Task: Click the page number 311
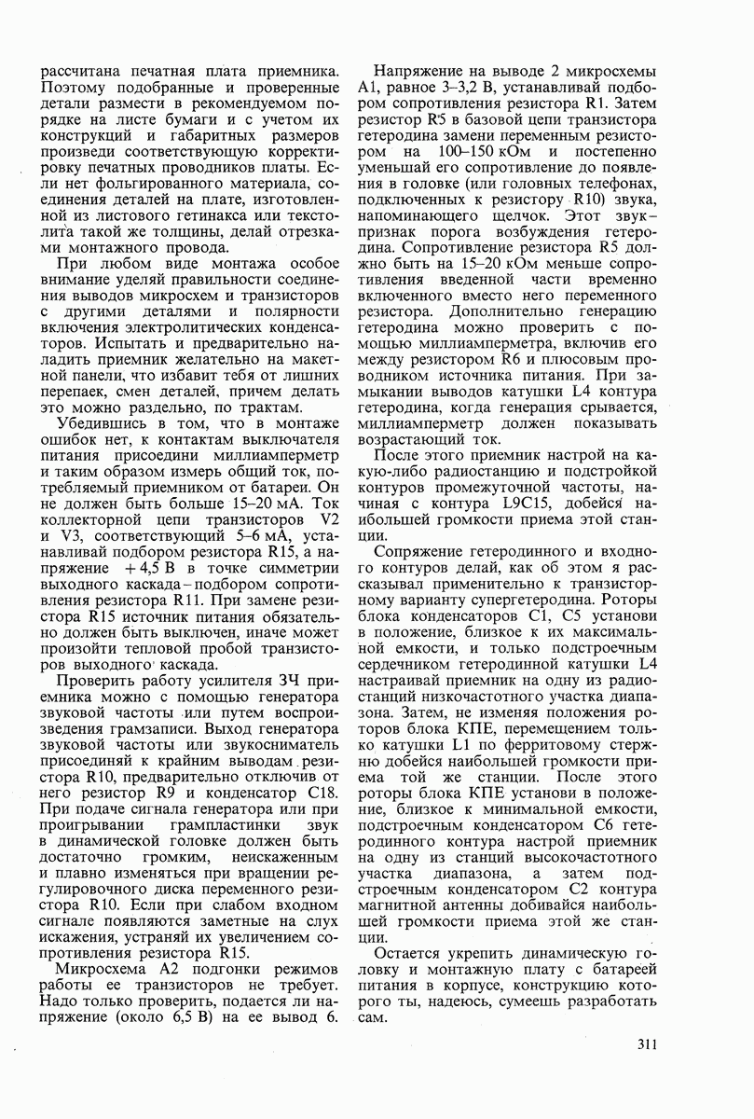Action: click(x=649, y=1043)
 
